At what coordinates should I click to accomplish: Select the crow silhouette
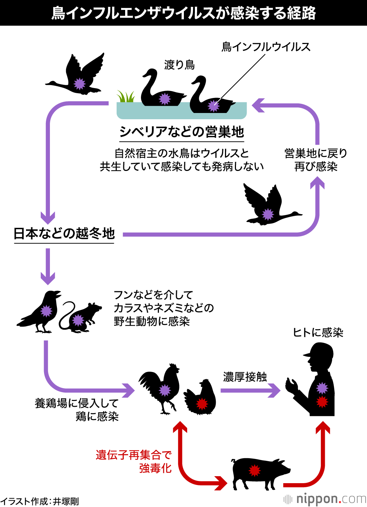[x=42, y=312]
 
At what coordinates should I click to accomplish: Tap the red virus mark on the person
[x=322, y=402]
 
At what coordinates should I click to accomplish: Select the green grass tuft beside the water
[x=126, y=97]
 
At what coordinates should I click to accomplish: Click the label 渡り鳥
[x=179, y=65]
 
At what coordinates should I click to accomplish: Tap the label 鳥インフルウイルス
[x=266, y=47]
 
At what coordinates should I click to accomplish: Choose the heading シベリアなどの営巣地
[x=182, y=132]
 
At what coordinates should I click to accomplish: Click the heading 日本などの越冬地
[x=64, y=233]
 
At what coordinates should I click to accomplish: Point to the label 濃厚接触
[x=245, y=377]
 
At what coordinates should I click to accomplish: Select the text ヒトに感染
[x=318, y=333]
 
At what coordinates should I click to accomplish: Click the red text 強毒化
[x=155, y=468]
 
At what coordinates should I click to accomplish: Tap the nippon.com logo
[x=325, y=499]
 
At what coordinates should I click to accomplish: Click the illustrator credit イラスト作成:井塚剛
[x=39, y=501]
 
